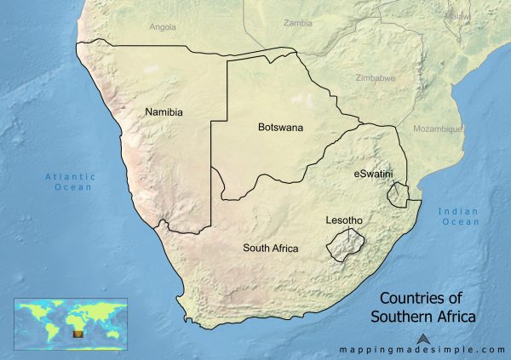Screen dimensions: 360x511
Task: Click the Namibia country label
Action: pyautogui.click(x=164, y=111)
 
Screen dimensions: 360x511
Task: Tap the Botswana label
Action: pyautogui.click(x=280, y=128)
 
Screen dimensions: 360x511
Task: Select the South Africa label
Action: pyautogui.click(x=270, y=249)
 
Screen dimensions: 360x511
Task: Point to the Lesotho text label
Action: pyautogui.click(x=344, y=220)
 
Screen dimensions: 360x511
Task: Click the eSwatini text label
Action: pyautogui.click(x=373, y=174)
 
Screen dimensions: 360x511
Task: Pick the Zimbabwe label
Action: pyautogui.click(x=375, y=78)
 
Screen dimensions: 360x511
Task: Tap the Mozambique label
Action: pyautogui.click(x=437, y=129)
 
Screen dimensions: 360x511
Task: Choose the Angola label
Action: pyautogui.click(x=163, y=26)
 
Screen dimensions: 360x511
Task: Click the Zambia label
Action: pyautogui.click(x=298, y=23)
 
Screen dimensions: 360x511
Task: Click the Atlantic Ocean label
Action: pyautogui.click(x=71, y=181)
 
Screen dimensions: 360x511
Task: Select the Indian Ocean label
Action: pyautogui.click(x=459, y=216)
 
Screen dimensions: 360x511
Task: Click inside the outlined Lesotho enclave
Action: pyautogui.click(x=344, y=244)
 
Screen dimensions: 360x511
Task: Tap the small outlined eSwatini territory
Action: pyautogui.click(x=397, y=196)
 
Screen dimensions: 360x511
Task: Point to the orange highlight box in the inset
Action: pyautogui.click(x=79, y=334)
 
